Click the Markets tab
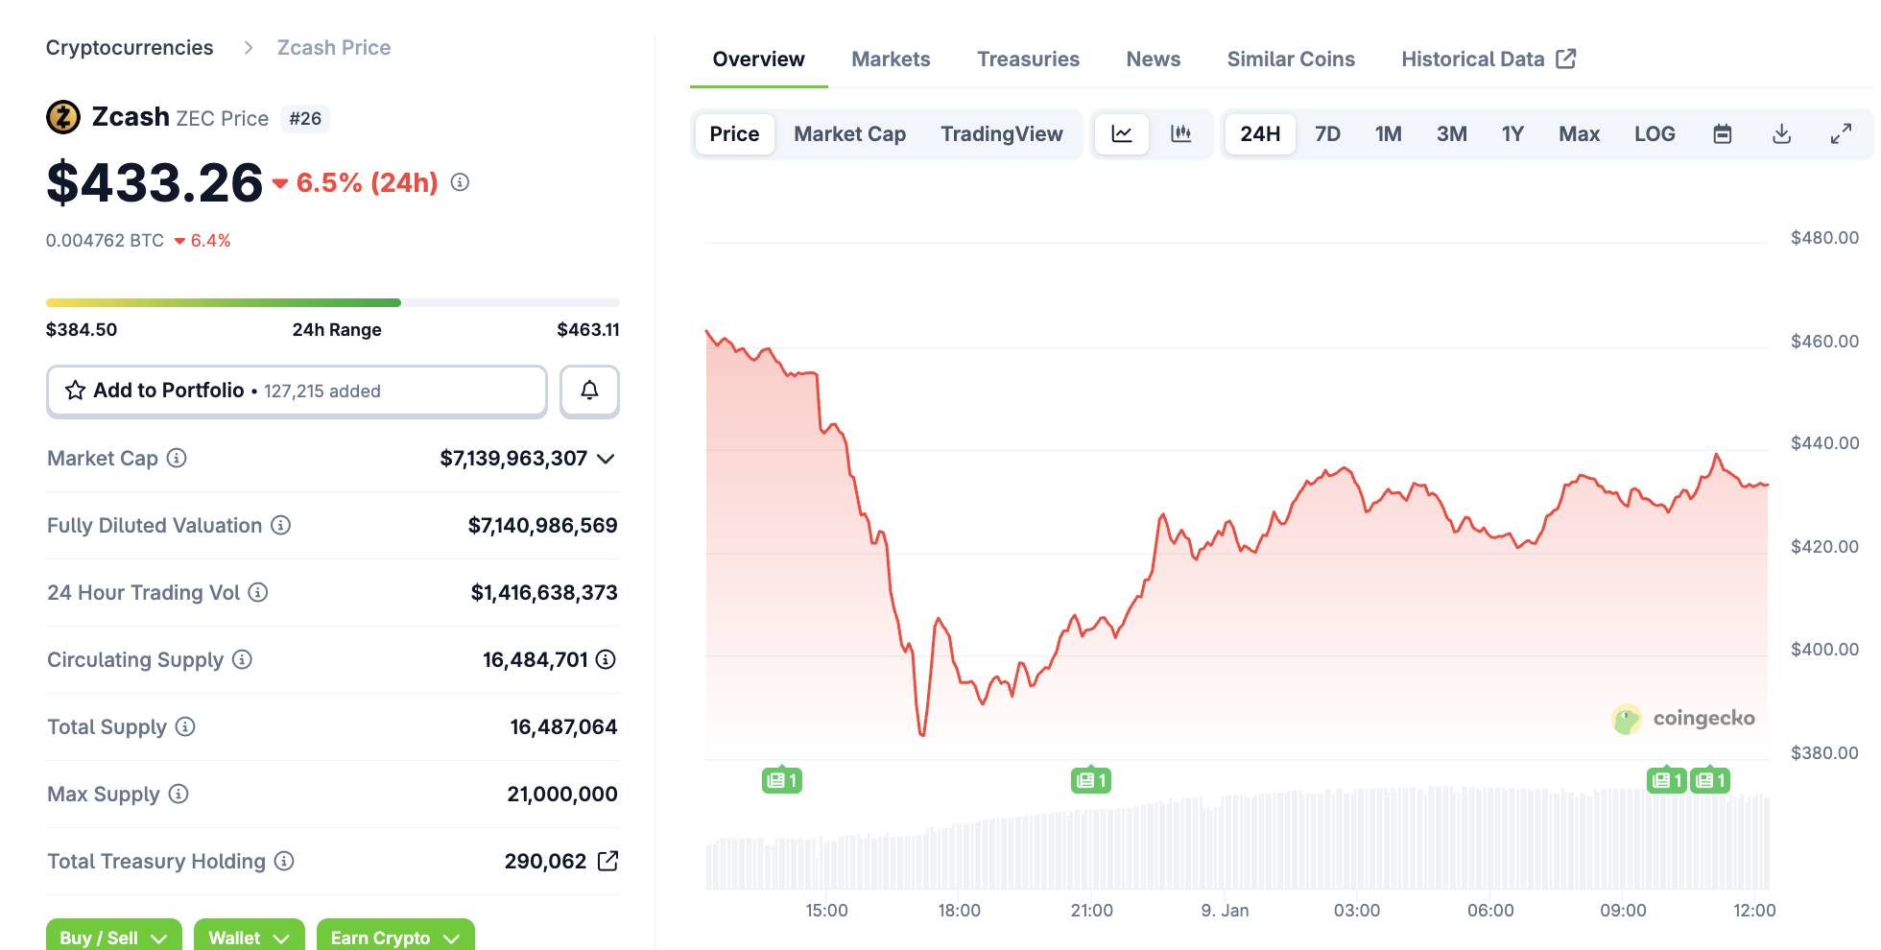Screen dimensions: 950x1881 coord(891,59)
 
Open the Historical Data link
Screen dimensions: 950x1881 coord(1488,59)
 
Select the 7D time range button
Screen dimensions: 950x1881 coord(1327,134)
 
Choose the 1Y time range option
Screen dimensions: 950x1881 coord(1512,134)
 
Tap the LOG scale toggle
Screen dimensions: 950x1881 coord(1655,134)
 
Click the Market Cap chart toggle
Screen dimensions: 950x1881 coord(849,134)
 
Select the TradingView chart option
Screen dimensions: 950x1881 coord(1001,134)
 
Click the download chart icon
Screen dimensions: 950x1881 coord(1781,134)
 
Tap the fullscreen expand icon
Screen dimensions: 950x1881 coord(1841,134)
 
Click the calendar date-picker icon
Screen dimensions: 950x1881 coord(1723,134)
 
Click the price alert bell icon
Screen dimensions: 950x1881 coord(589,391)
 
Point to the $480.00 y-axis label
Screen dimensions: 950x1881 coord(1824,238)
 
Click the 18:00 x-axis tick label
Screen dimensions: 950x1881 coord(959,911)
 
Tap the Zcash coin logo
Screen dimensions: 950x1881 coord(63,118)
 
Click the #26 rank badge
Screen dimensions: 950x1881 coord(305,119)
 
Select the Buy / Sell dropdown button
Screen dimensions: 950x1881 coord(113,938)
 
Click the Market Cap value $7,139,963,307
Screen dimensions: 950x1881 coord(513,459)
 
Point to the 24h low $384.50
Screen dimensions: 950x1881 coord(82,330)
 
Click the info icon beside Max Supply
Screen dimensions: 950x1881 coord(179,794)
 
